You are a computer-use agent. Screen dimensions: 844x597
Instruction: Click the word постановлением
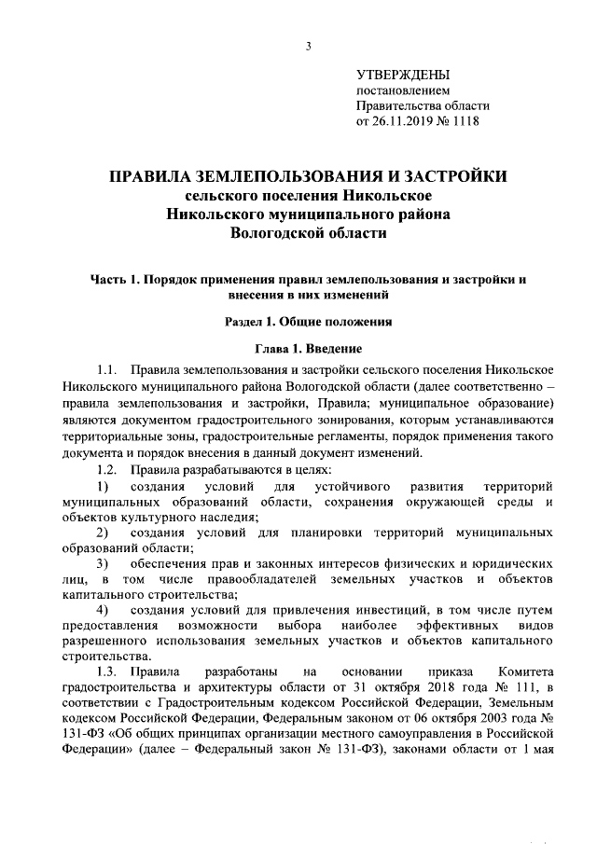point(403,90)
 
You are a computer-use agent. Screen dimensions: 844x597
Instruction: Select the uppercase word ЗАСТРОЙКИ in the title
point(450,175)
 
